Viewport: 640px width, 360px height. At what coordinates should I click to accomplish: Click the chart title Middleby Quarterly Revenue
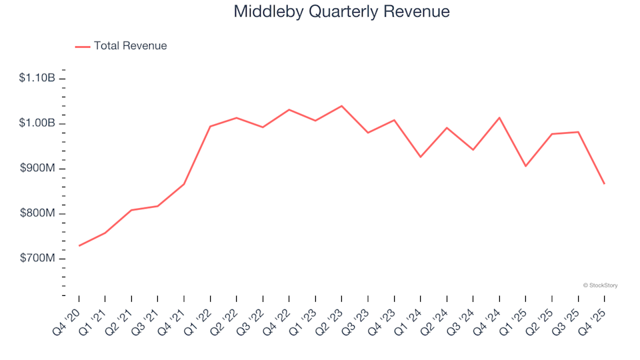(341, 12)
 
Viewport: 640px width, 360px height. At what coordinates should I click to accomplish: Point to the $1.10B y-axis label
(37, 79)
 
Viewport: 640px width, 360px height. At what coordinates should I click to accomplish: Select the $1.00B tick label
(37, 123)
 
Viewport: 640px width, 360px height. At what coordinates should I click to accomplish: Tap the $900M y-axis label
(38, 169)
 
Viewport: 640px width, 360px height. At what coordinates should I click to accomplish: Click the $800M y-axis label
(38, 213)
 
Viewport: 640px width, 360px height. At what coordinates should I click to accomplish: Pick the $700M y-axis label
(38, 258)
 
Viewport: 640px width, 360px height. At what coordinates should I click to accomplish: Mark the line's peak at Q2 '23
(342, 106)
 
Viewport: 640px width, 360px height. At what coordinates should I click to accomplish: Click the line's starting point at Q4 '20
(79, 246)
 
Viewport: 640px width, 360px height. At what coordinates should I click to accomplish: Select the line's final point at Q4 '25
(604, 183)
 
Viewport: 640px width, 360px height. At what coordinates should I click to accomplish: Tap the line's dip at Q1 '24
(421, 157)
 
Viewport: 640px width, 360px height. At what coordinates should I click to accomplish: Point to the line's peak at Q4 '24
(499, 118)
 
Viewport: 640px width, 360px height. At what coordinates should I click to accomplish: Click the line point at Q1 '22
(211, 126)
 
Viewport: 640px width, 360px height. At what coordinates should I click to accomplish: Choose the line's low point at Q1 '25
(525, 166)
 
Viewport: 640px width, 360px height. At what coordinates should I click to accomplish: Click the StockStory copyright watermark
(600, 285)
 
